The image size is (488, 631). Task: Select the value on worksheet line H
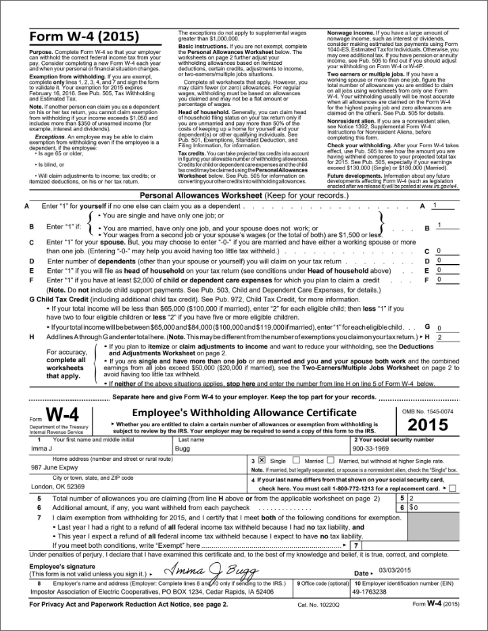[439, 336]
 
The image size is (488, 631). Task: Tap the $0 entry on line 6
[414, 506]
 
